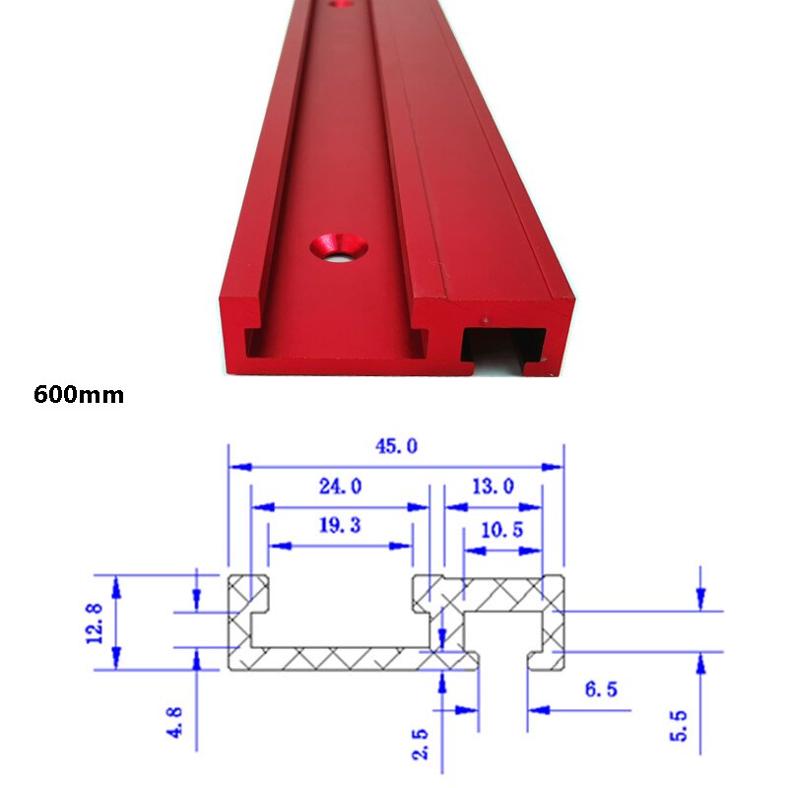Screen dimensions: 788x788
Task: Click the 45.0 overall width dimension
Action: pos(395,446)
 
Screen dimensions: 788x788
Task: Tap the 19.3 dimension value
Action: pos(340,525)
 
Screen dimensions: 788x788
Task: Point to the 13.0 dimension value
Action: pos(492,486)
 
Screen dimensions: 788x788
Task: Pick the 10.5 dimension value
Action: pos(501,530)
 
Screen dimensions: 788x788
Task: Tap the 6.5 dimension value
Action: pos(601,689)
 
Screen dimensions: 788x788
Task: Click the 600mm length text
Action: pos(79,395)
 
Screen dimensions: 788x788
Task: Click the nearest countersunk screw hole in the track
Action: pos(337,246)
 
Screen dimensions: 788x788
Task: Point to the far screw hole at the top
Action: pos(342,4)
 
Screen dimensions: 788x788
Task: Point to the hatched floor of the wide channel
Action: pos(335,659)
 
